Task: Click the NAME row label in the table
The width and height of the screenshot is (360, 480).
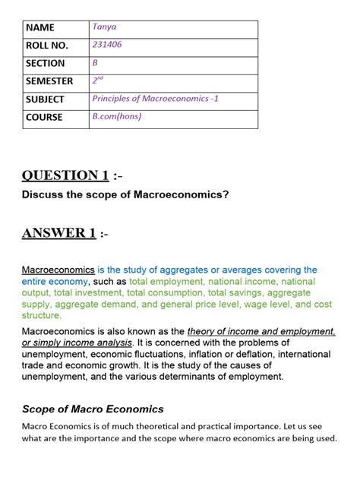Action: (40, 28)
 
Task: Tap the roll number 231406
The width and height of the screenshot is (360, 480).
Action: (106, 45)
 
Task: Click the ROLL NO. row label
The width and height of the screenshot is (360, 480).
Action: (47, 46)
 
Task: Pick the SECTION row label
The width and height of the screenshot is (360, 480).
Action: (46, 63)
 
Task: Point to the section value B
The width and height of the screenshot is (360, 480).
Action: (95, 63)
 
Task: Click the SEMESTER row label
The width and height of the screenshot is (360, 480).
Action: (49, 81)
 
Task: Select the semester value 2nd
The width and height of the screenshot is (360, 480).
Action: (97, 81)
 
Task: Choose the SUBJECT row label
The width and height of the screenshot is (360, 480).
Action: (45, 99)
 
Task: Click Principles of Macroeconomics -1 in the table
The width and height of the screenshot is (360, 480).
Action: (155, 99)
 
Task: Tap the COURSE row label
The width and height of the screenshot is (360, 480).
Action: (44, 118)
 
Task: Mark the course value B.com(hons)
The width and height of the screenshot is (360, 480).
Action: (117, 117)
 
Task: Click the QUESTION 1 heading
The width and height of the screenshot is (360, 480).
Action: (65, 176)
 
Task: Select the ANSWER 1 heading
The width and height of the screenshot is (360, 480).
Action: (59, 232)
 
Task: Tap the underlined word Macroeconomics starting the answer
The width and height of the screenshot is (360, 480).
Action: (58, 270)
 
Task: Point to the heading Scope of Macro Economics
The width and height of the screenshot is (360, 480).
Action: (93, 409)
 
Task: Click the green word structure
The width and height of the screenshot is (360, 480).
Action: (41, 315)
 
